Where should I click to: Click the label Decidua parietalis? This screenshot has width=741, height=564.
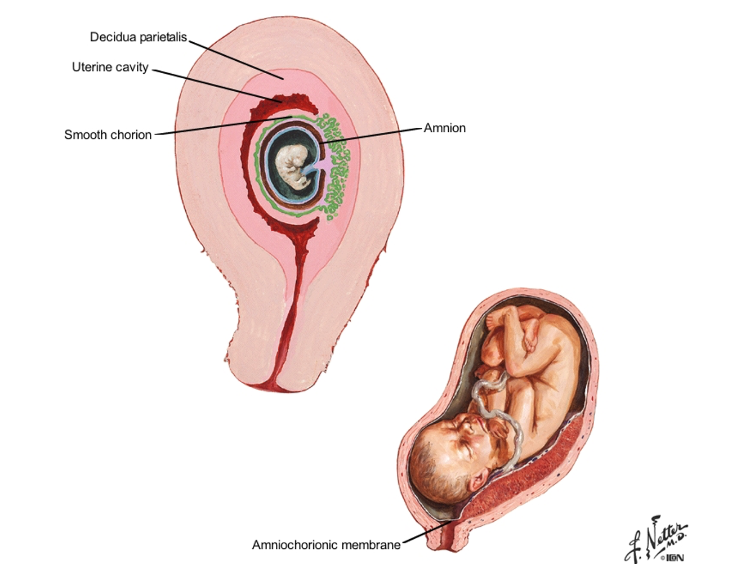pyautogui.click(x=138, y=37)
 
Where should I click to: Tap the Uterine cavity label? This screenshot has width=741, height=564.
pyautogui.click(x=110, y=68)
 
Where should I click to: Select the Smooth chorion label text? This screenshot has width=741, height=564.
pyautogui.click(x=108, y=135)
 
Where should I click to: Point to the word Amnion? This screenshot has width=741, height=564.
pyautogui.click(x=444, y=128)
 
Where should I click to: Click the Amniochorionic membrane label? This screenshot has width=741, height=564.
pyautogui.click(x=326, y=545)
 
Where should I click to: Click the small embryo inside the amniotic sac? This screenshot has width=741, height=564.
pyautogui.click(x=293, y=166)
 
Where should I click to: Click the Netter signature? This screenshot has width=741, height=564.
pyautogui.click(x=656, y=538)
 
